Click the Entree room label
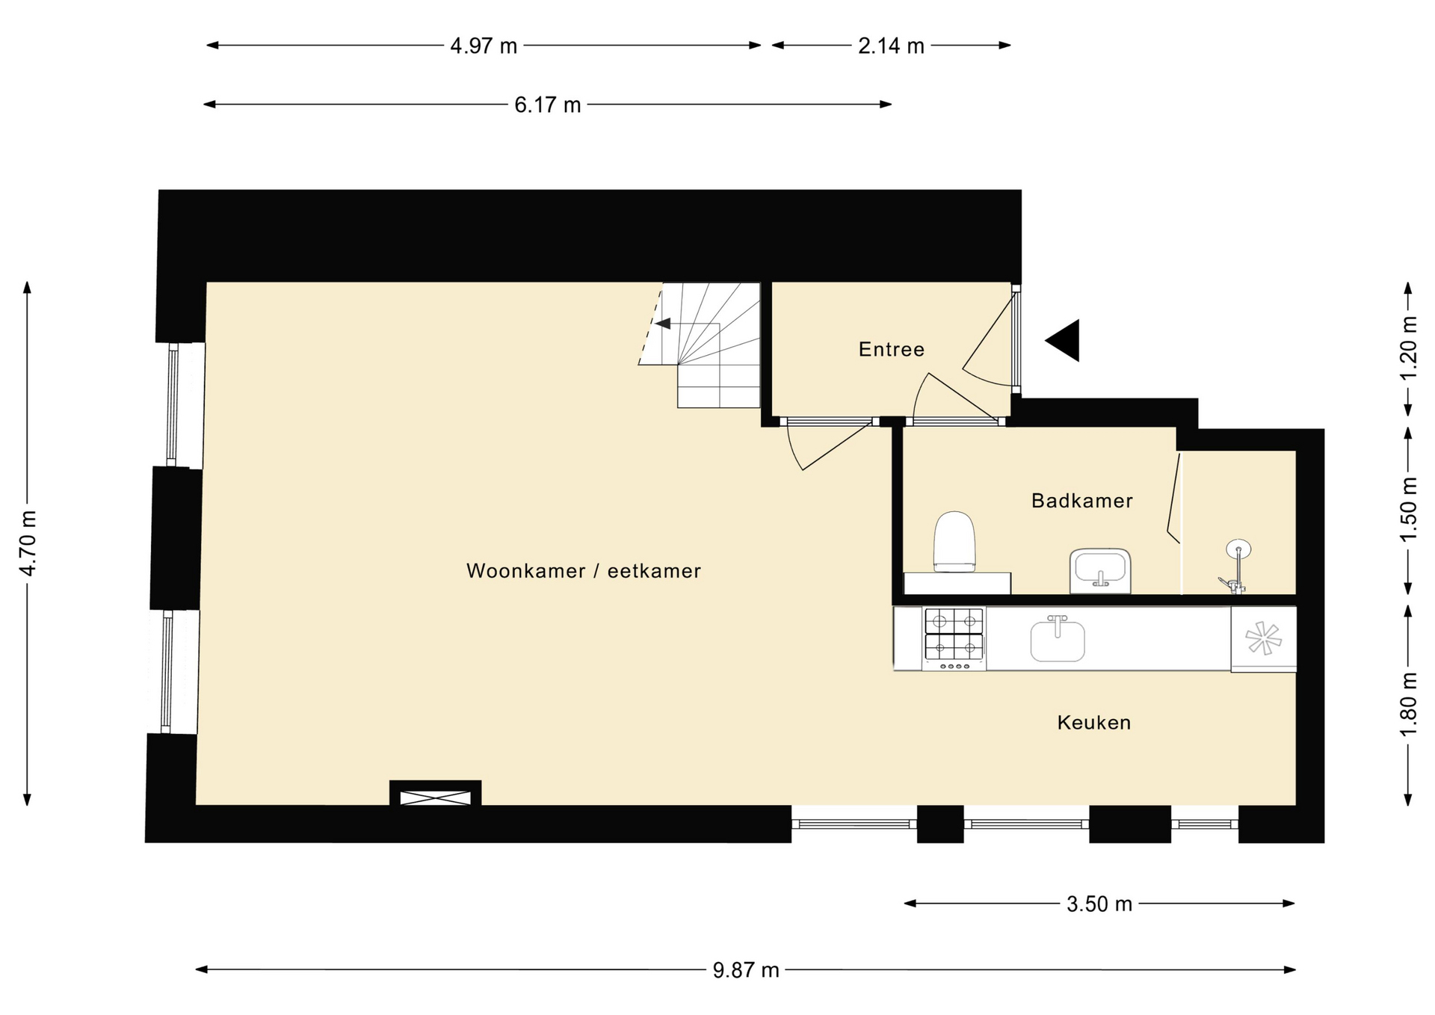pos(891,349)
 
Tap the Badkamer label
pos(1081,501)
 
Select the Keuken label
pos(1093,723)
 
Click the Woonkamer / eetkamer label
pos(584,571)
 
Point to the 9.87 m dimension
pos(745,970)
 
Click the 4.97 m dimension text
pos(484,46)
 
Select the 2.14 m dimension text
pos(891,46)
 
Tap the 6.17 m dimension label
pos(547,105)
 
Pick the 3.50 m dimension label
pos(1099,904)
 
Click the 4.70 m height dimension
pos(28,543)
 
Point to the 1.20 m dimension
pos(1408,348)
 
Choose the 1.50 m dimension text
pos(1408,510)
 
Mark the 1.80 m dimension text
pos(1408,704)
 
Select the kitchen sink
pos(1058,639)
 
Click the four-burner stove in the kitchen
pos(954,638)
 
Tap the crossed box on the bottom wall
pos(436,797)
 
